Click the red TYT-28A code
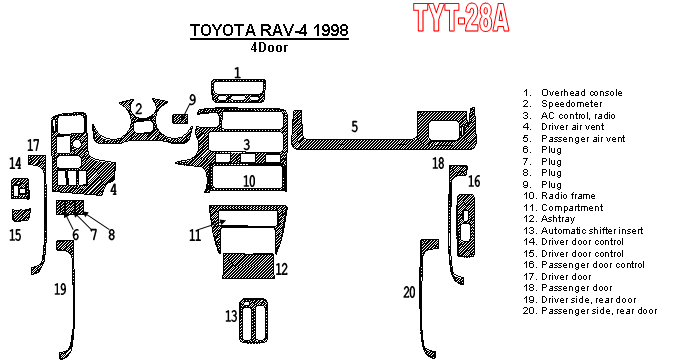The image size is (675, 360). tap(461, 17)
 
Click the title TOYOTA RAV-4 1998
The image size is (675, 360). tap(269, 30)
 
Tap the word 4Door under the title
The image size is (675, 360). tap(269, 47)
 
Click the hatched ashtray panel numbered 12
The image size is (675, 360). tap(248, 265)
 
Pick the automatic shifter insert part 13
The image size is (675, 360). tap(253, 320)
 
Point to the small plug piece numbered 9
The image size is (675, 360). tap(180, 118)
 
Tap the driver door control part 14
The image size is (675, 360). tap(20, 189)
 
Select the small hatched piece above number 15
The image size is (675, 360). tap(21, 214)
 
